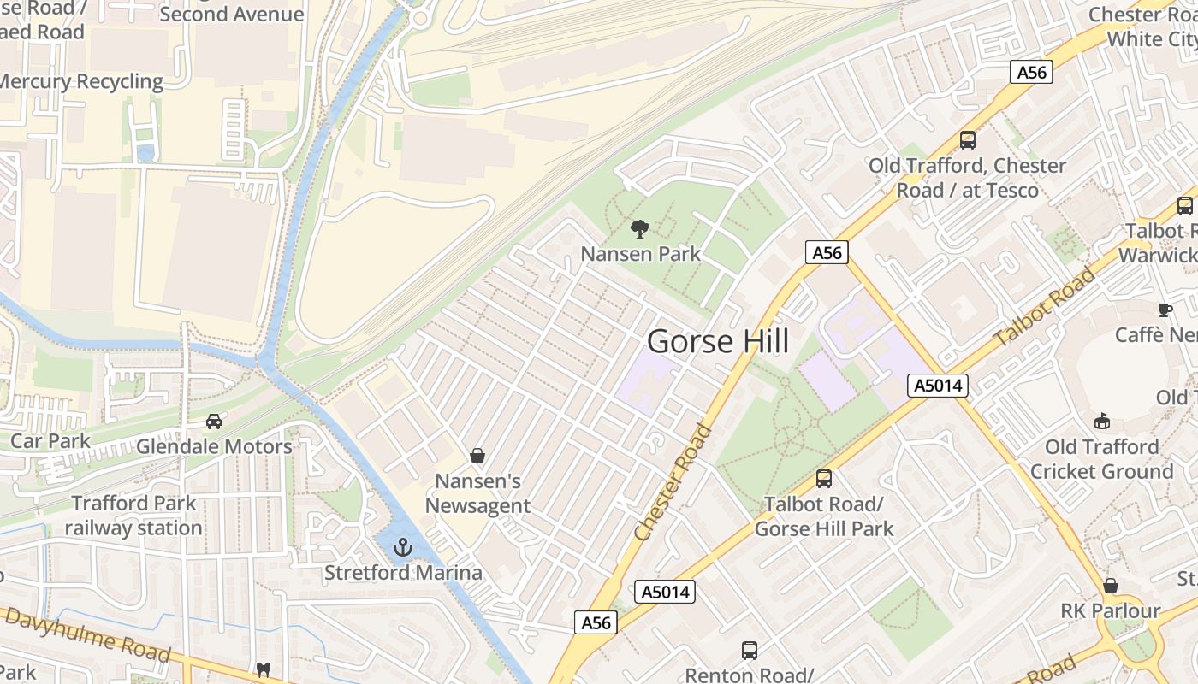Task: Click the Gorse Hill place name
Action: (x=718, y=341)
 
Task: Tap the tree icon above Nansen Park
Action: (x=639, y=228)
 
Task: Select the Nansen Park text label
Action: (x=640, y=254)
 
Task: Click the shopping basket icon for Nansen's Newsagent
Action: (x=477, y=456)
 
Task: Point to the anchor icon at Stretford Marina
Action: (x=402, y=546)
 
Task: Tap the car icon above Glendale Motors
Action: (x=214, y=421)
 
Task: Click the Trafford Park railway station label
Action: (x=133, y=516)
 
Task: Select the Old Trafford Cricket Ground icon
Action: (x=1102, y=421)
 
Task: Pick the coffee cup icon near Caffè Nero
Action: (x=1165, y=309)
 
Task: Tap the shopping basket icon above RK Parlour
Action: (x=1110, y=586)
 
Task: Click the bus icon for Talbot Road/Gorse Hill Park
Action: (x=823, y=479)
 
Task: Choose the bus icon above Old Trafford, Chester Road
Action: (x=967, y=140)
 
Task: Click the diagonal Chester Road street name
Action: (x=674, y=481)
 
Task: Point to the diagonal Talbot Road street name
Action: (x=1045, y=307)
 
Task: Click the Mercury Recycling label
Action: (x=81, y=81)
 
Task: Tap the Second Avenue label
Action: (x=231, y=14)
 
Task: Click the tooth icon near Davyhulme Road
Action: (x=264, y=669)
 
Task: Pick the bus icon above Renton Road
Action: (x=749, y=651)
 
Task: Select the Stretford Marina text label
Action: (x=402, y=572)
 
